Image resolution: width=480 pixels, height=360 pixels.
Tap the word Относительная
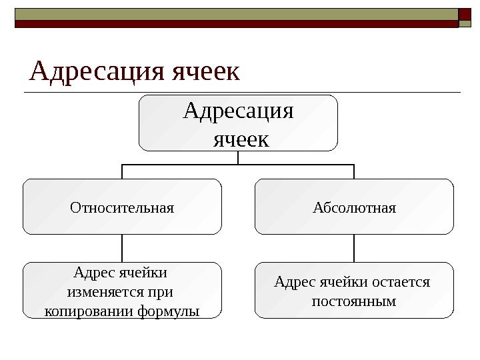[122, 207]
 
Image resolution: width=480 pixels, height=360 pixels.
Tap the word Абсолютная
[354, 207]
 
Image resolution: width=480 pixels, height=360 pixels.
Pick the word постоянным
[354, 301]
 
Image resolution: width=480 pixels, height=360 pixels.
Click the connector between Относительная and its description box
[122, 248]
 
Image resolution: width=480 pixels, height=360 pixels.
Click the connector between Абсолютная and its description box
[354, 248]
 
